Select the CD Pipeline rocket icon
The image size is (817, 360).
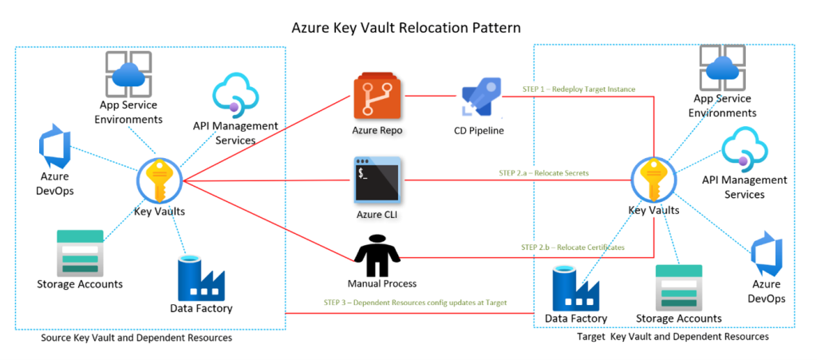pyautogui.click(x=480, y=98)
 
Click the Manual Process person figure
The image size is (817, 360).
pyautogui.click(x=376, y=255)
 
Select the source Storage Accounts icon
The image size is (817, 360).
pyautogui.click(x=80, y=253)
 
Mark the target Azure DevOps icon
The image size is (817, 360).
pyautogui.click(x=767, y=255)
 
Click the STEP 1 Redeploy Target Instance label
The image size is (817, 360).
pyautogui.click(x=578, y=89)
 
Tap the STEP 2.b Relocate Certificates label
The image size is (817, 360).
pyautogui.click(x=567, y=247)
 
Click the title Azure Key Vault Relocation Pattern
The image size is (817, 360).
pyautogui.click(x=407, y=28)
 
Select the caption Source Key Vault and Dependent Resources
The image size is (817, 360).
pyautogui.click(x=136, y=338)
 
